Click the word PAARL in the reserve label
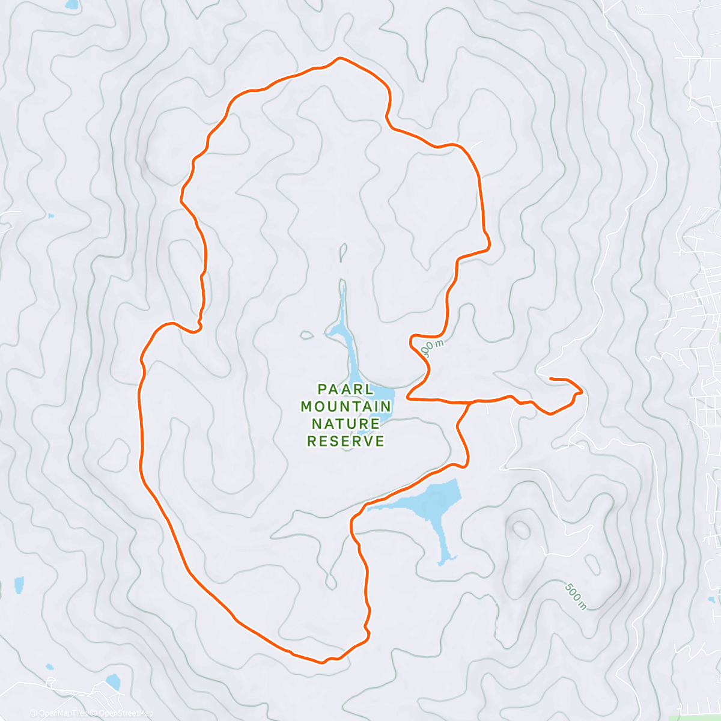(346, 389)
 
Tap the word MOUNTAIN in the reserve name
(346, 406)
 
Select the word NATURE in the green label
(346, 424)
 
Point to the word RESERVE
(346, 441)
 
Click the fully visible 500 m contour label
(576, 595)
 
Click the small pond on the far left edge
(19, 583)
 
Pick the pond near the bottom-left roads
(113, 681)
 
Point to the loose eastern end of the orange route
(552, 379)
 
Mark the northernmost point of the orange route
(340, 58)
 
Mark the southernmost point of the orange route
(322, 663)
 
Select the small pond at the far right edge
(713, 599)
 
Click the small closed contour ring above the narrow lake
(343, 252)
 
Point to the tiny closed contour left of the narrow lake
(306, 335)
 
